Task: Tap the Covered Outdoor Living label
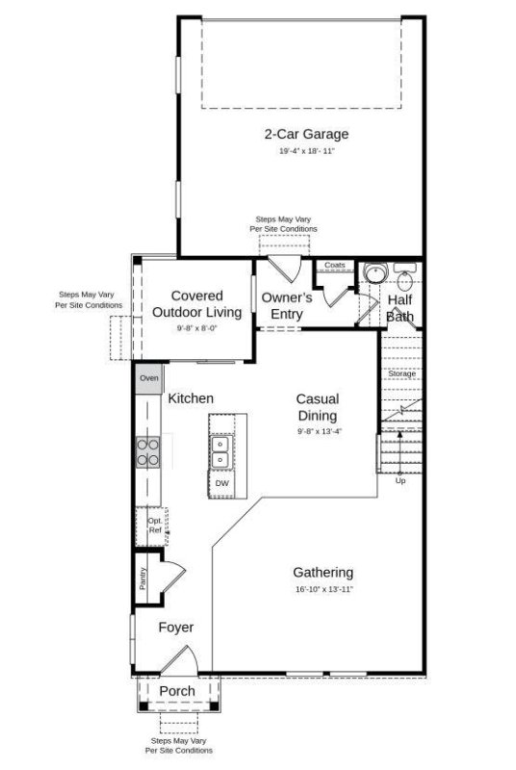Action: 197,304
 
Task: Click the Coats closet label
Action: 334,265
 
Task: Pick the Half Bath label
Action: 400,308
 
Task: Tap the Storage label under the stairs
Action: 401,373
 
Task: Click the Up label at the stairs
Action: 400,480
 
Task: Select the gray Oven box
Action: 148,378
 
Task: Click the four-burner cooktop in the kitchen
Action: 148,451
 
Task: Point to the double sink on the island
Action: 221,449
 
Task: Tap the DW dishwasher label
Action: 221,483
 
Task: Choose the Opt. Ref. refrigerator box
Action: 153,525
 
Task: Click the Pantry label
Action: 142,578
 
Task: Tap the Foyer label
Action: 176,628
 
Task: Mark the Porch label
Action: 177,691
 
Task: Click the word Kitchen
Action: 191,398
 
